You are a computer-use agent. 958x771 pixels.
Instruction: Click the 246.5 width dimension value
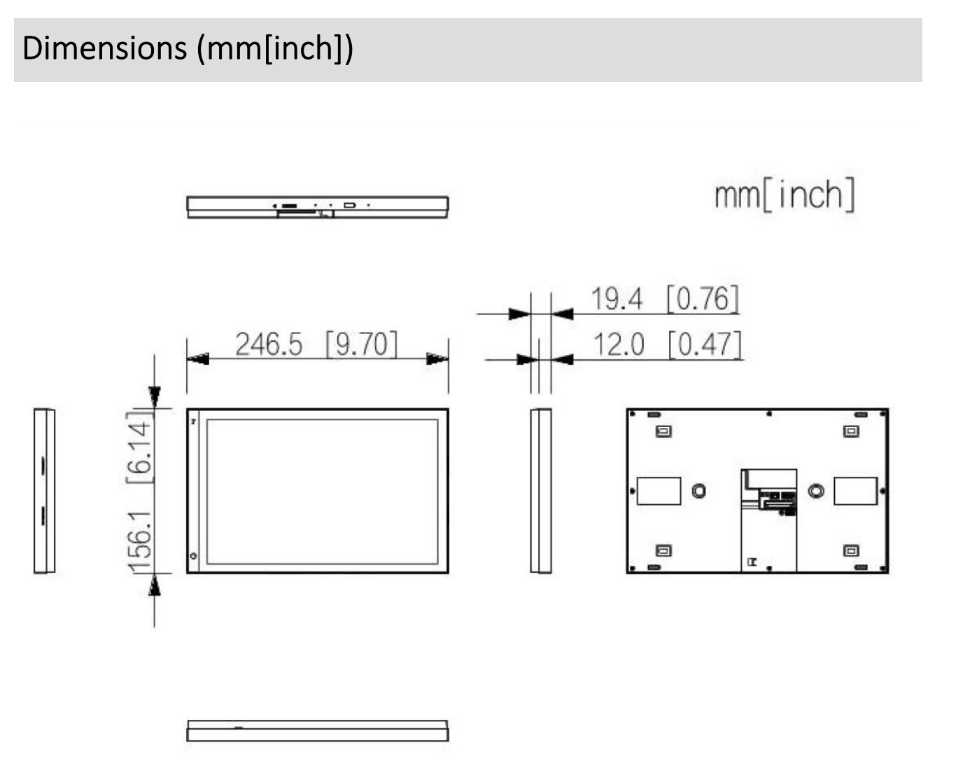pos(269,345)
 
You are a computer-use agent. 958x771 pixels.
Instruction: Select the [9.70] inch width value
pos(362,345)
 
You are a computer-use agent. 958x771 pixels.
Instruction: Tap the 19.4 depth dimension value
pos(617,298)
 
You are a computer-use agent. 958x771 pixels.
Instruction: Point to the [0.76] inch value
pos(703,298)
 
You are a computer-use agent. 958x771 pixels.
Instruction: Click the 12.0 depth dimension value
pos(619,345)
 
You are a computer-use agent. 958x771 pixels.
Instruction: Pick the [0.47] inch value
pos(705,345)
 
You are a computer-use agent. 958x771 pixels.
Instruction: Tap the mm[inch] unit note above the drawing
pos(784,194)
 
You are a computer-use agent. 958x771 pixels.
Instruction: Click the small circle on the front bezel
pos(194,556)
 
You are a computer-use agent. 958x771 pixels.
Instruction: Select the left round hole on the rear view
pos(698,491)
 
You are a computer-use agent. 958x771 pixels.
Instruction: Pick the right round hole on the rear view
pos(815,491)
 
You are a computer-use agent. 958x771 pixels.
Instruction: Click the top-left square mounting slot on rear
pos(663,431)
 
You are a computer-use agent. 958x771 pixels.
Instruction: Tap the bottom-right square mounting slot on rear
pos(851,550)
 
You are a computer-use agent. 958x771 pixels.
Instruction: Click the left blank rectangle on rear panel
pos(658,491)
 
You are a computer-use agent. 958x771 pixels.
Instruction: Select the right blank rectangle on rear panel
pos(855,491)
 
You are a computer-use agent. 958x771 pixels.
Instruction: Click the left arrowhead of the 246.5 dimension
pos(197,359)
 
